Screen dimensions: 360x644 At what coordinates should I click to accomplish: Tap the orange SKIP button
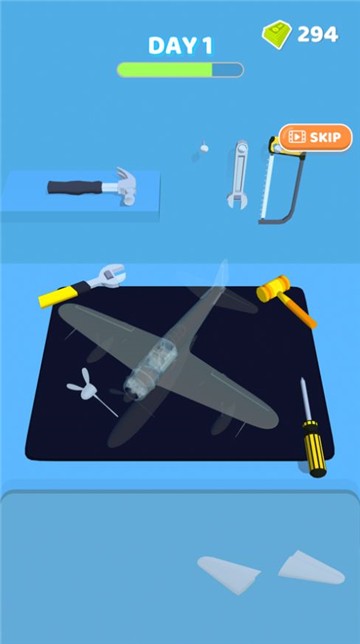[316, 137]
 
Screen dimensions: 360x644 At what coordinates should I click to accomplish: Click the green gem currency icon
[277, 34]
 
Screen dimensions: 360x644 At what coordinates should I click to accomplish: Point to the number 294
[318, 34]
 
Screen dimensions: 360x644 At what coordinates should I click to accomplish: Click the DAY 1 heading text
[181, 46]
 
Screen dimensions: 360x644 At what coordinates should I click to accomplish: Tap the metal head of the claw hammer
[125, 186]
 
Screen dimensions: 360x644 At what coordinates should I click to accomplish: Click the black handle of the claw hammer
[75, 187]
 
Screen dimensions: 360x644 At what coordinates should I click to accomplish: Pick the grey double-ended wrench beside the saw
[238, 174]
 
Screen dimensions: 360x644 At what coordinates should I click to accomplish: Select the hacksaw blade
[266, 184]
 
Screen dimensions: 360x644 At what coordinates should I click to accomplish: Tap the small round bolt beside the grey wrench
[204, 148]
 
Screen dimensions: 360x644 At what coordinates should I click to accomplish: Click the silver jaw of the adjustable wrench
[108, 276]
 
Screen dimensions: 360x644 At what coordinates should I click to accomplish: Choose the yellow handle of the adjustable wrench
[57, 296]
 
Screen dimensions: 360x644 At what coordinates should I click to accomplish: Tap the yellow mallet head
[273, 288]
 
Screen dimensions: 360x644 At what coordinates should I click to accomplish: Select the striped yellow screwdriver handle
[315, 448]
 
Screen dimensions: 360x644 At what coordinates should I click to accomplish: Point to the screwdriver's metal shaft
[306, 399]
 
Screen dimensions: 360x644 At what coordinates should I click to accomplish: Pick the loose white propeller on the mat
[86, 387]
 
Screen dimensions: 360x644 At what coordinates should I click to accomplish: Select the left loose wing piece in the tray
[228, 573]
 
